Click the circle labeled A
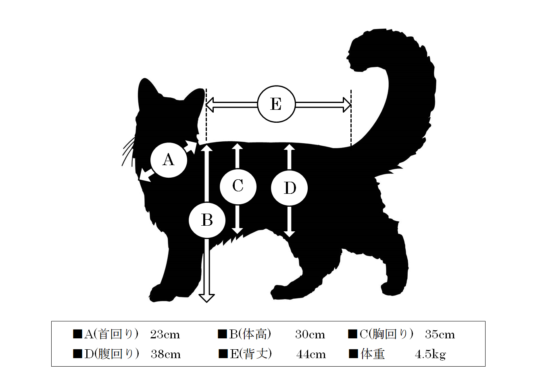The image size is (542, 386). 169,160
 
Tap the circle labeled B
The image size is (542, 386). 207,220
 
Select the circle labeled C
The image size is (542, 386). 238,187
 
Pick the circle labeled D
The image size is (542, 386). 290,188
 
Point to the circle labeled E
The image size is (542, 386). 276,104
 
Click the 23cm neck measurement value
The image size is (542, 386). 165,335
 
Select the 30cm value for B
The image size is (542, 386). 310,335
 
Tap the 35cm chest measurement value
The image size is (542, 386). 440,335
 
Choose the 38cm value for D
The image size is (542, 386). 166,355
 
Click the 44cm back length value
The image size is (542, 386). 311,355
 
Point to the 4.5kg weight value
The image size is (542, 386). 430,355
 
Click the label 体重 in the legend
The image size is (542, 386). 373,354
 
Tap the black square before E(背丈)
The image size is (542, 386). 223,354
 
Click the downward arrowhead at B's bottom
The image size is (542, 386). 206,298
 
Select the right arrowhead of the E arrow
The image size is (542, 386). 347,105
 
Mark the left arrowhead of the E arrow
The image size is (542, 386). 210,105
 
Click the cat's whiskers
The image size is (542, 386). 128,151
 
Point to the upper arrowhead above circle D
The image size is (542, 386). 290,147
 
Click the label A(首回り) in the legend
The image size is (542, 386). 111,335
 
